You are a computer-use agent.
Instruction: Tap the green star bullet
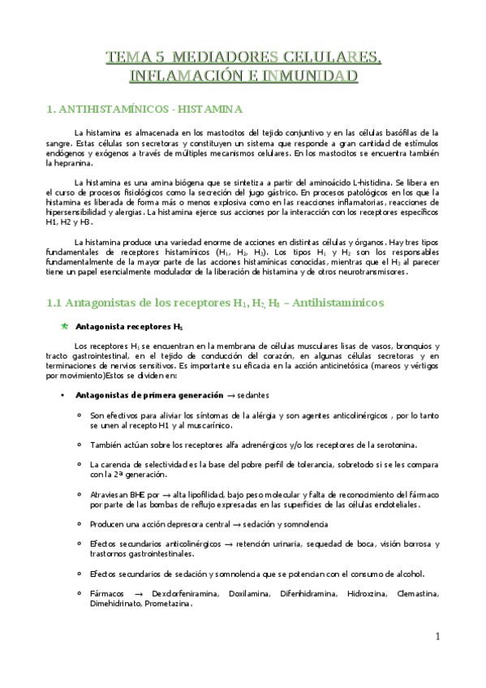point(65,326)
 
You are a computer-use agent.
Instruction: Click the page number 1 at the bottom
point(436,636)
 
